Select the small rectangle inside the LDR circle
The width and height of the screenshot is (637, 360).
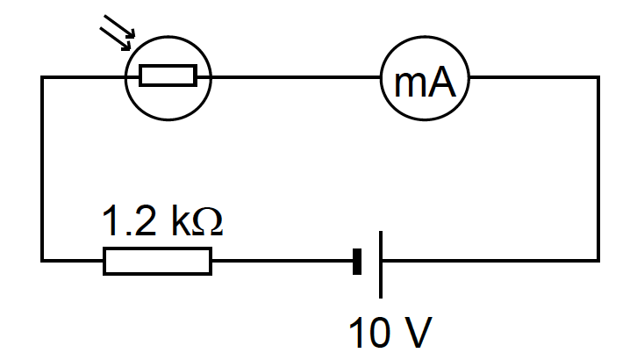tap(168, 77)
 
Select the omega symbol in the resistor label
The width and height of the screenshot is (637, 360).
tap(206, 223)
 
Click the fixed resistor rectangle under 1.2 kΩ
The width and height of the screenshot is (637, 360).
tap(158, 261)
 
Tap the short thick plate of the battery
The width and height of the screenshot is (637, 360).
tap(357, 261)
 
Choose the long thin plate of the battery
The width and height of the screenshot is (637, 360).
tap(381, 261)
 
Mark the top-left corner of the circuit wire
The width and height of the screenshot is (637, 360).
tap(43, 77)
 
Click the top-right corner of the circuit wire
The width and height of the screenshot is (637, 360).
tap(598, 77)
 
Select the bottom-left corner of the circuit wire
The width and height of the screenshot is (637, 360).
tap(43, 260)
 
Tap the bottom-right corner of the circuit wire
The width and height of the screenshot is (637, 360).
tap(598, 260)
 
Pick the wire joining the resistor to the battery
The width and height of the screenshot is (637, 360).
tap(281, 261)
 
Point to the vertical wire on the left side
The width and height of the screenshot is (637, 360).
tap(43, 167)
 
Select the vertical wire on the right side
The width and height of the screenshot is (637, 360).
tap(598, 167)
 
